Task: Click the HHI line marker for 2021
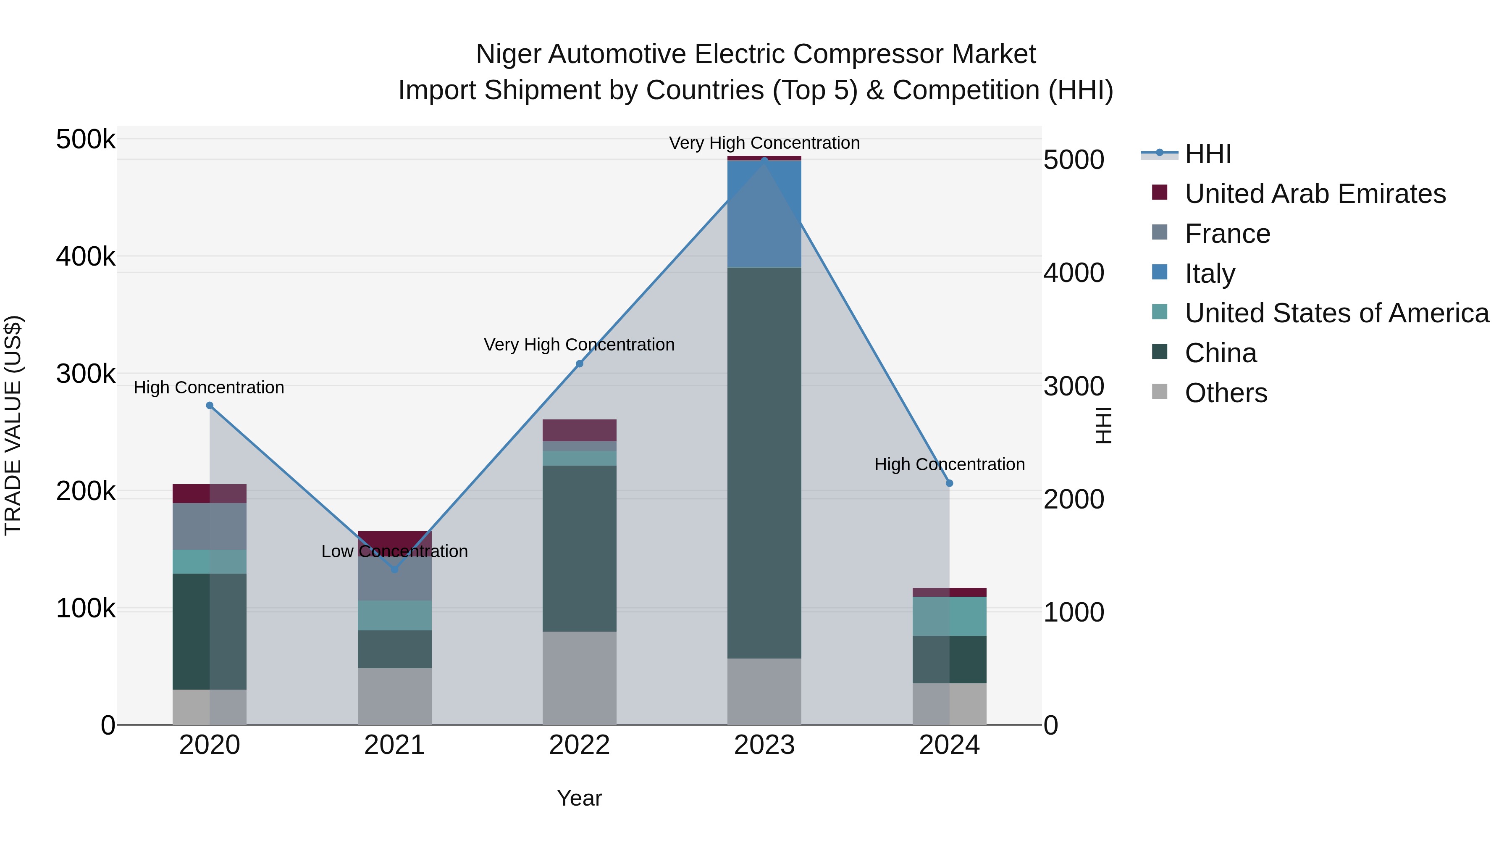pos(394,569)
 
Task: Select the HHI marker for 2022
pos(579,364)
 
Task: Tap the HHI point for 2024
pos(950,483)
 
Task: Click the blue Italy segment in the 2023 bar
pos(764,214)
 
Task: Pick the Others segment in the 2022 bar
pos(579,678)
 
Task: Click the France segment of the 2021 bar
pos(394,579)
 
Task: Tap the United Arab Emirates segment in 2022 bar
pos(579,430)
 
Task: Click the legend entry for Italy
pos(1209,274)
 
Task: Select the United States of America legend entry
pos(1336,313)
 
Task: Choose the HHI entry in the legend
pos(1207,154)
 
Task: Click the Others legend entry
pos(1226,393)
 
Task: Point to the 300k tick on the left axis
pos(86,374)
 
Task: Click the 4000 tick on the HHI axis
pos(1074,273)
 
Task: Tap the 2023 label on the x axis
pos(764,745)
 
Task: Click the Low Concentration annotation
pos(394,551)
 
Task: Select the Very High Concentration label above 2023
pos(764,143)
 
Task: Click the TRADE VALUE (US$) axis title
pos(13,425)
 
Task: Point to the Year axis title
pos(579,798)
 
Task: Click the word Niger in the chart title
pos(508,54)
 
